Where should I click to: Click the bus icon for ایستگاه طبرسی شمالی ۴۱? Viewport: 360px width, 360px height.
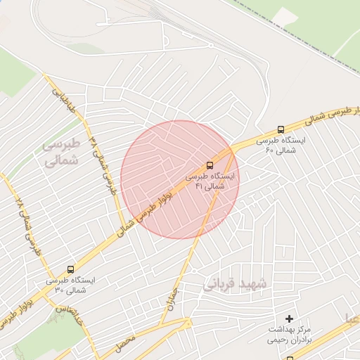tap(210, 165)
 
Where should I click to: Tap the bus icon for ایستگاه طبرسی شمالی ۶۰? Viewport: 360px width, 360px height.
tap(281, 129)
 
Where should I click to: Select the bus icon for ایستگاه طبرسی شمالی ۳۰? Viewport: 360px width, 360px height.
tap(70, 269)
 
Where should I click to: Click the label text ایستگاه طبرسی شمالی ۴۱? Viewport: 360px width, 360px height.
tap(212, 181)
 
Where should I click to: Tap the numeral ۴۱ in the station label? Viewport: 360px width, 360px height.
tap(199, 187)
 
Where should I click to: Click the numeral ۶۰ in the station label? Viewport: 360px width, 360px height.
tap(269, 150)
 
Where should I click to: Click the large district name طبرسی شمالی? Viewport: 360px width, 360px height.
tap(62, 152)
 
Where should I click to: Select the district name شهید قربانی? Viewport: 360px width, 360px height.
tap(235, 283)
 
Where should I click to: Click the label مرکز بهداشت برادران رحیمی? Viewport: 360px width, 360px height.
tap(288, 334)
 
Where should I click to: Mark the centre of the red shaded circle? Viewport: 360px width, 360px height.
tap(180, 179)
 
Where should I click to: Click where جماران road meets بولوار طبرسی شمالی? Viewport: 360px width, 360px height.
tap(231, 150)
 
